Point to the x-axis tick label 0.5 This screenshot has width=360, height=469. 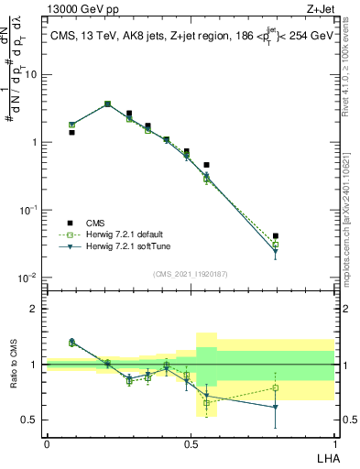click(191, 443)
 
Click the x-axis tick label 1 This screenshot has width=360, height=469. click(335, 443)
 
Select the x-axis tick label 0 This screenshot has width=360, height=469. click(47, 443)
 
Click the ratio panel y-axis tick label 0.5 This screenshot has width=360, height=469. click(30, 420)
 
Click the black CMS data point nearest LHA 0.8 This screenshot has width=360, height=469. click(276, 236)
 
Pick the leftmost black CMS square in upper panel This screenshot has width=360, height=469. click(71, 132)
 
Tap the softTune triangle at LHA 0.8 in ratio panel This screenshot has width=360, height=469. click(276, 408)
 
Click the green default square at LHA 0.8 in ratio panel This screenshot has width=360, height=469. click(276, 388)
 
